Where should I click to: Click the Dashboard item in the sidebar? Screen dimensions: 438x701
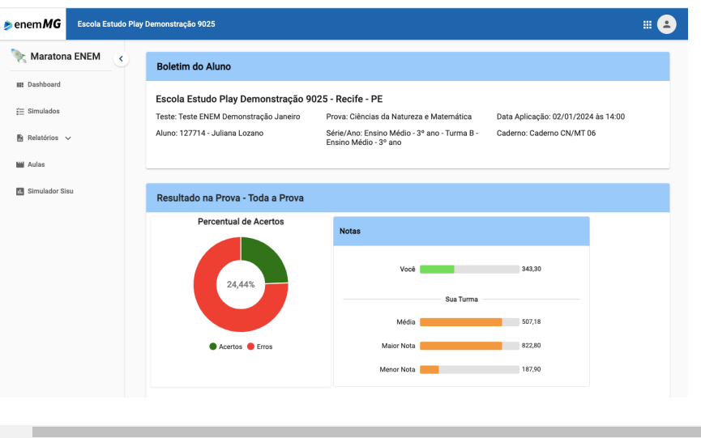[x=43, y=84]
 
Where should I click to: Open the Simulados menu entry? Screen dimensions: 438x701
[x=43, y=111]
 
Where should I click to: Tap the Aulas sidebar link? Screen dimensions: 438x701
[x=36, y=164]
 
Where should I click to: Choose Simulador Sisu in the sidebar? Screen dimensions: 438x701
[x=50, y=191]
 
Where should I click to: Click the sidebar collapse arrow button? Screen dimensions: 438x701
[x=121, y=58]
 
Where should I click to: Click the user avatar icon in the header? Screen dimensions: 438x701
[x=666, y=24]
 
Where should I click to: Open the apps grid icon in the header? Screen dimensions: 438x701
[x=648, y=24]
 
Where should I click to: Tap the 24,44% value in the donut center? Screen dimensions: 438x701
[x=241, y=285]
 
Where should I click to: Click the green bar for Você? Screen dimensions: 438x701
[x=437, y=269]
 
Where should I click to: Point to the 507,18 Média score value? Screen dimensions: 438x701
[x=532, y=321]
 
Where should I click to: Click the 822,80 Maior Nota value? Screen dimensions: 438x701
[x=532, y=346]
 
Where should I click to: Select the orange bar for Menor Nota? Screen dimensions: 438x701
[x=430, y=369]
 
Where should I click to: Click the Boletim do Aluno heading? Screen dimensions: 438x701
[x=194, y=66]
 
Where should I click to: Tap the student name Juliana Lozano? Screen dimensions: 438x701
[x=238, y=133]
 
